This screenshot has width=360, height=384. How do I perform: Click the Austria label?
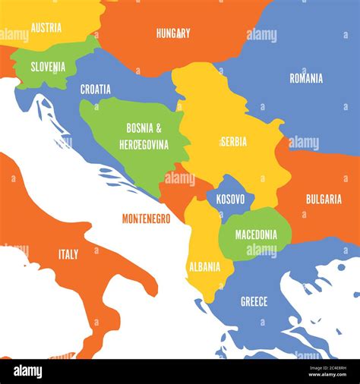pos(46,27)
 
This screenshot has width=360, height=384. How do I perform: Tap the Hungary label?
pos(173,33)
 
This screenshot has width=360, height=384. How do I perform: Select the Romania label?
pos(306,78)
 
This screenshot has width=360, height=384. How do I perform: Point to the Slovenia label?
pos(48,67)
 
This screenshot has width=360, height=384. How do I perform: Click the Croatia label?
pos(96,90)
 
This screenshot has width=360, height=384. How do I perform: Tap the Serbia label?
pos(233,141)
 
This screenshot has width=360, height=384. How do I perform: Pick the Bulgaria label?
pos(324,199)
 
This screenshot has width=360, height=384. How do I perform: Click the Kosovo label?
pos(231,200)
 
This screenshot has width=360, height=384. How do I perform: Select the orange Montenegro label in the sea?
pos(146,219)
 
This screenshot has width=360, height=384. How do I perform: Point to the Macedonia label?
pos(256,234)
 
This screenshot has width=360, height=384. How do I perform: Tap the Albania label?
pos(204,266)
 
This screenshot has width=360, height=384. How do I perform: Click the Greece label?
pos(254,301)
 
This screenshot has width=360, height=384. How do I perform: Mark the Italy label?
pos(68,254)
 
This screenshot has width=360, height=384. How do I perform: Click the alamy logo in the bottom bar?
pos(27,371)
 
